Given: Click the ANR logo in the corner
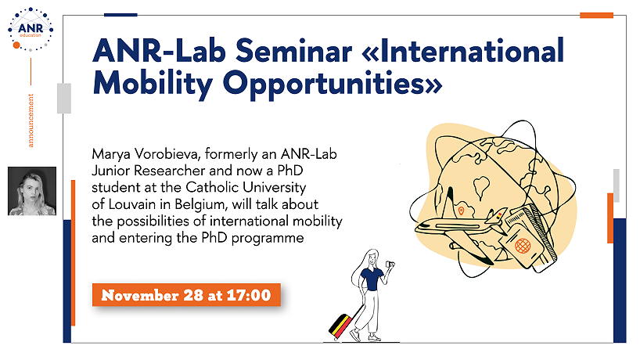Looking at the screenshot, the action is pos(31,30).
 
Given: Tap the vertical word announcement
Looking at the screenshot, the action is pos(31,121).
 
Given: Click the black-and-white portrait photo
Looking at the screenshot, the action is pos(32,191).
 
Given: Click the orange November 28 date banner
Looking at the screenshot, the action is pos(186,295).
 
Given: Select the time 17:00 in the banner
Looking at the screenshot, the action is pos(249,295).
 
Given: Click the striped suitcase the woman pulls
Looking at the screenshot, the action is pos(341,326).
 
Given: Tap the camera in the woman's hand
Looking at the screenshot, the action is pos(390,265).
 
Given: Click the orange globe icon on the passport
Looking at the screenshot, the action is pos(523,246).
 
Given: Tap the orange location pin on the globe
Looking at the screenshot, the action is pos(462,211).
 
